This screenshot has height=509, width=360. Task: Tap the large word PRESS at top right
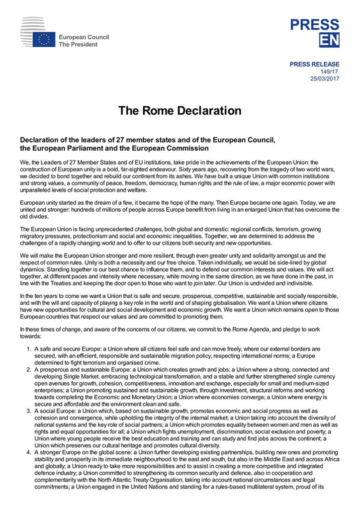[315, 24]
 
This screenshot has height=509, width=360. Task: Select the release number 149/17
[330, 72]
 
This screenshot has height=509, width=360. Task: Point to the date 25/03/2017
[325, 79]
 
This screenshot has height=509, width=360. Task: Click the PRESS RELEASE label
[315, 64]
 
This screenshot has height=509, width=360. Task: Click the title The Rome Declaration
[180, 110]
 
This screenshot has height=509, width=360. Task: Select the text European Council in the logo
[84, 37]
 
